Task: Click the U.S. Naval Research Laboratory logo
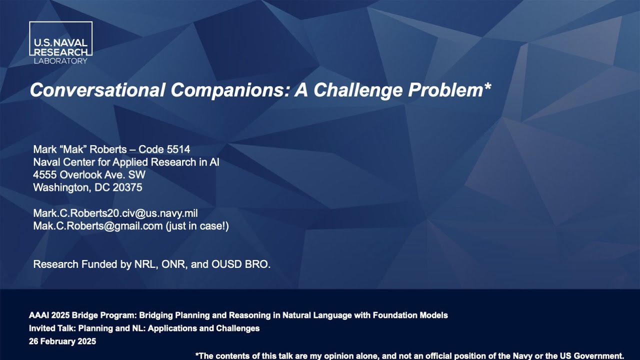(x=60, y=43)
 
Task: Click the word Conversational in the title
(x=97, y=90)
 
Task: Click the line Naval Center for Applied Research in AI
(x=126, y=162)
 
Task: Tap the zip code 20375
(x=128, y=187)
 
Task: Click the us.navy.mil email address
(x=115, y=213)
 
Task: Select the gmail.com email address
(x=98, y=226)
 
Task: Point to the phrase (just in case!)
(x=197, y=226)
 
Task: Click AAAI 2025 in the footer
(x=49, y=315)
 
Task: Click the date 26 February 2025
(x=62, y=341)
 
